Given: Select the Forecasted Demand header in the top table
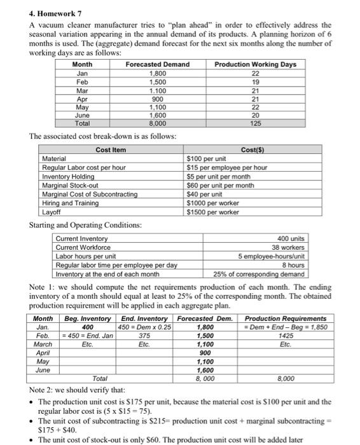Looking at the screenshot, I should point(157,64).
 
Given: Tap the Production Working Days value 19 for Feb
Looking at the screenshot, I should point(255,82).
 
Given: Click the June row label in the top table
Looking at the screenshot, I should point(82,117).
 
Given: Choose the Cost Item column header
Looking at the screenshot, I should point(111,150).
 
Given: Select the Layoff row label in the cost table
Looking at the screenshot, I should point(51,212).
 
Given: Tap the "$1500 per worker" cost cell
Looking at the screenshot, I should point(212,212).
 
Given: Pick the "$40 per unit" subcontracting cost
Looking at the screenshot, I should point(205,194).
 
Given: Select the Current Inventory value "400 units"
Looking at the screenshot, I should point(290,238).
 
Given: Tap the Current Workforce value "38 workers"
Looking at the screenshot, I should point(289,247).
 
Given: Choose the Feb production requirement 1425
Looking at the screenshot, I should point(286,334).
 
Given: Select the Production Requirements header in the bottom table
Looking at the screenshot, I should point(286,318).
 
